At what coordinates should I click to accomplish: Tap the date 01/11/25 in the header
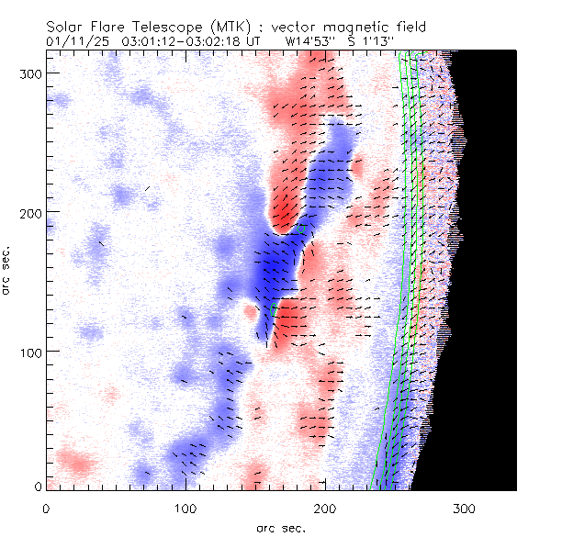pyautogui.click(x=78, y=41)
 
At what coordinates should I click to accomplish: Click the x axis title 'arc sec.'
pyautogui.click(x=280, y=528)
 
